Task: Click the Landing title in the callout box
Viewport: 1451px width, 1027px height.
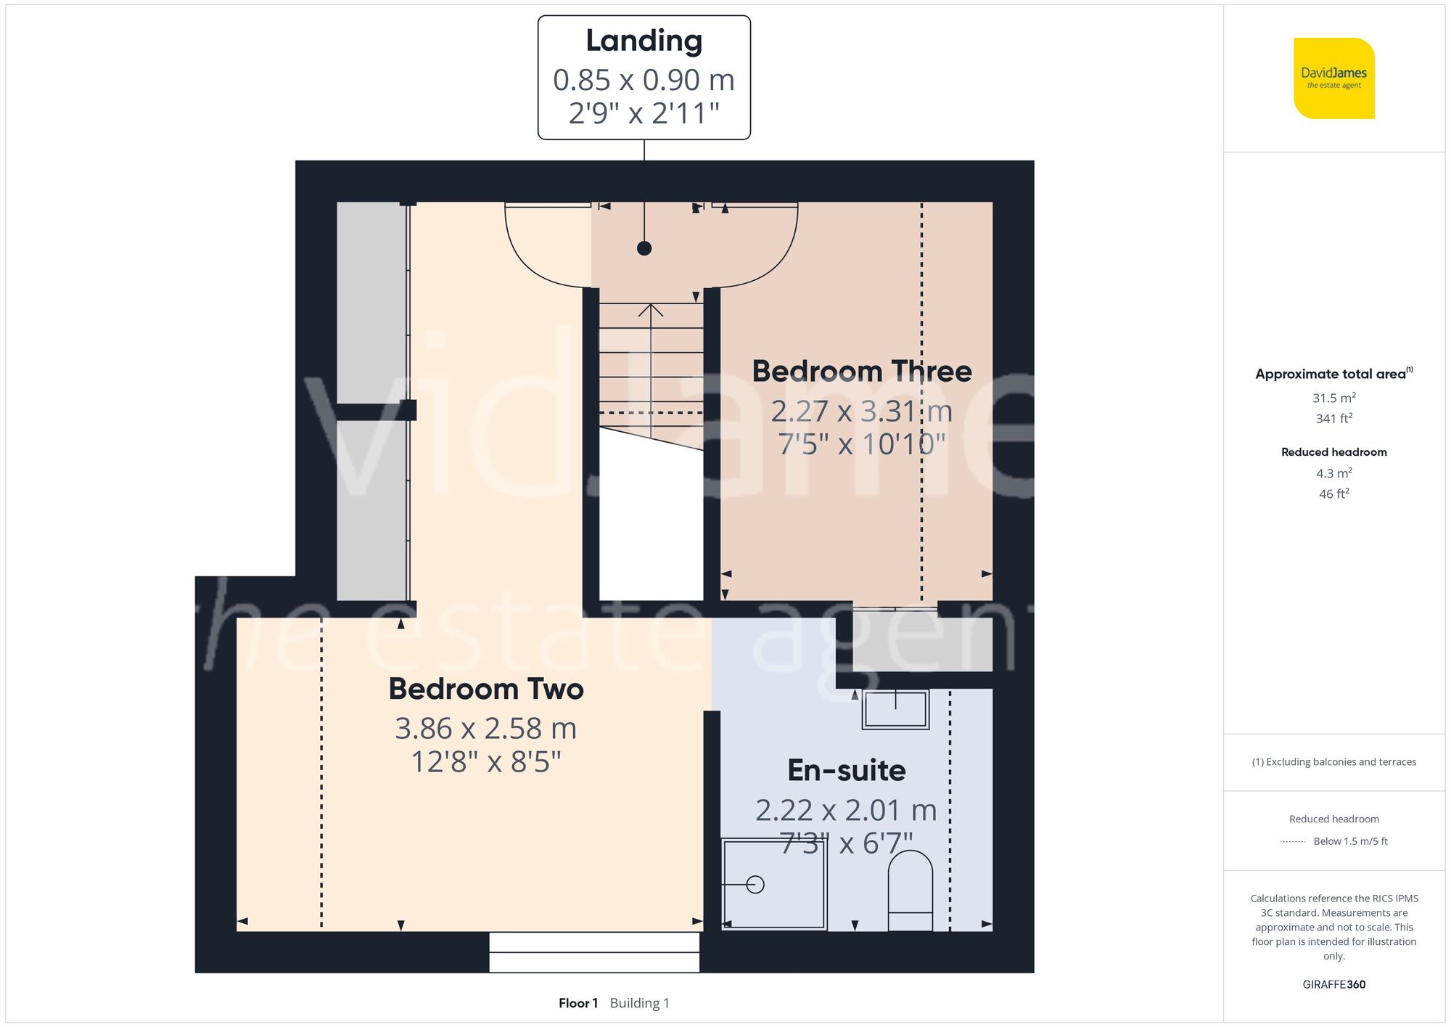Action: (644, 41)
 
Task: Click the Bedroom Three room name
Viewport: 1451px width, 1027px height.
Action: (862, 371)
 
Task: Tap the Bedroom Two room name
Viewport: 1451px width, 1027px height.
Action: (486, 689)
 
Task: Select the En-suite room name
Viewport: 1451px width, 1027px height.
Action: (847, 770)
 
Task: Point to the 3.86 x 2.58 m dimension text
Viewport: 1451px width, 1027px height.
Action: (486, 728)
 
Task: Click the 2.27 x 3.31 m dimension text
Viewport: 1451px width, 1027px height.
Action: (862, 411)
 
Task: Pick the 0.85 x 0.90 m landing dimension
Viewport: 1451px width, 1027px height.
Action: (644, 80)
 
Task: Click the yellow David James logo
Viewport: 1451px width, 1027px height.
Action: (1334, 78)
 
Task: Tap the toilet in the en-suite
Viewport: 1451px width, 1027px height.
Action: (911, 891)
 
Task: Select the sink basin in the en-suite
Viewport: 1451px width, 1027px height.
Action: (895, 709)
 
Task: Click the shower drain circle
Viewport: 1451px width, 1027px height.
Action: (755, 885)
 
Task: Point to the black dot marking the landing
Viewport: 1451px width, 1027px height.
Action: (644, 248)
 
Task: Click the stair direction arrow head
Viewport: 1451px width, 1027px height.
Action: (651, 310)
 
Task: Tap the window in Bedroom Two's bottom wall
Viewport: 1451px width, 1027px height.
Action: (594, 952)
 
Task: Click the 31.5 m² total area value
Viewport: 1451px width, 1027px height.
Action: (1334, 398)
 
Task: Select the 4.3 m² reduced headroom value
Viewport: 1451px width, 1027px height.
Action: (1334, 473)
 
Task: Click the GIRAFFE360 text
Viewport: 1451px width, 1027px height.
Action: (1334, 985)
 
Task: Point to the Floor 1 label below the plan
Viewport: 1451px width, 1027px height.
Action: (578, 1003)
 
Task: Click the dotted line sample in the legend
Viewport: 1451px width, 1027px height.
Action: (1293, 842)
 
